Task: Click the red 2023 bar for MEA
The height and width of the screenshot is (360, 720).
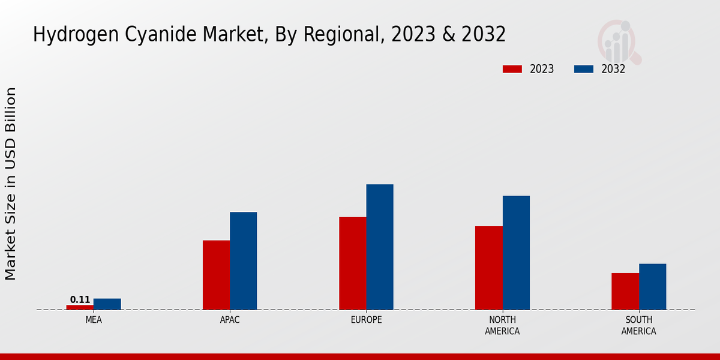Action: (x=80, y=307)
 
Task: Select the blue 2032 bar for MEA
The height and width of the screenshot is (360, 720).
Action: (x=107, y=304)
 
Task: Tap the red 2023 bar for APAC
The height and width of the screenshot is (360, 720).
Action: (x=216, y=275)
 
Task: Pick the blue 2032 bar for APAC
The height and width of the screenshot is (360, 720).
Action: (x=244, y=261)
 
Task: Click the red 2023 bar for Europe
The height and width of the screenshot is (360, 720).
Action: (x=352, y=263)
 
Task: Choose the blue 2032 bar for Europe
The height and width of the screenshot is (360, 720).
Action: (x=380, y=247)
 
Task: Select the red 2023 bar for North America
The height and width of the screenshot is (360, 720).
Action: (x=488, y=268)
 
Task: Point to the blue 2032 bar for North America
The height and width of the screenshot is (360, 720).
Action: (x=516, y=253)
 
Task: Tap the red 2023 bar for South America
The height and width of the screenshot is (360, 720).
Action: (x=625, y=292)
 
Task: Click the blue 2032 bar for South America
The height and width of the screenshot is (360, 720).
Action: (x=653, y=287)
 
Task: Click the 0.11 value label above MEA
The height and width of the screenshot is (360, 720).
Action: (x=80, y=299)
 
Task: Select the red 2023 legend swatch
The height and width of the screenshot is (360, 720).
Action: (x=512, y=69)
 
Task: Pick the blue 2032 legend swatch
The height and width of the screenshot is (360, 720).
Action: (x=583, y=69)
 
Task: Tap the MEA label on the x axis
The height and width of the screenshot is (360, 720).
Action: (x=94, y=320)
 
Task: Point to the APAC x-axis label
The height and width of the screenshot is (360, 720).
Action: (x=230, y=320)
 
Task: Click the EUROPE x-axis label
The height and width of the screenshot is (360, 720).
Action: (x=366, y=320)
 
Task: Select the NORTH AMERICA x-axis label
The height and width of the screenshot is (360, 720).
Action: (x=502, y=325)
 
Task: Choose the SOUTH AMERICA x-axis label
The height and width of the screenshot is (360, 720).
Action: (x=638, y=325)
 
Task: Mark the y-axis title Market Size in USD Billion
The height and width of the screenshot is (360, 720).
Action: (x=11, y=183)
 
